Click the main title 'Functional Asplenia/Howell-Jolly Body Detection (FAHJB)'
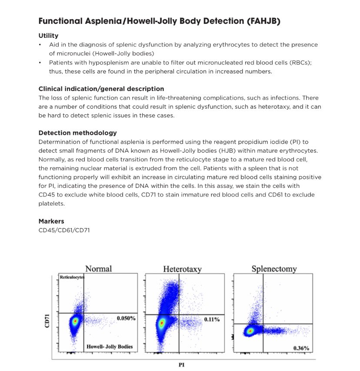point(159,21)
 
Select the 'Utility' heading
point(48,36)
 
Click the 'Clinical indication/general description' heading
point(101,89)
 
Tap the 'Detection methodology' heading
point(77,133)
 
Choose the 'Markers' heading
point(51,221)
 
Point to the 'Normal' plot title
point(98,269)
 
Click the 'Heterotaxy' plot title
point(182,269)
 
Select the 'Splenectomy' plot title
point(274,269)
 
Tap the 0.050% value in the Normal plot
point(126,318)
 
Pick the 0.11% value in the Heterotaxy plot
point(212,320)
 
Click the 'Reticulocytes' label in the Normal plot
point(72,277)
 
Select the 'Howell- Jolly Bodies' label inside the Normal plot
point(110,347)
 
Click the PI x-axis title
point(182,365)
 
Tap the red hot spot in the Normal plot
point(75,321)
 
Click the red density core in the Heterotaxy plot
point(162,323)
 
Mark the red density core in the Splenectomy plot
point(250,331)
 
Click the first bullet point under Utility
point(40,45)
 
